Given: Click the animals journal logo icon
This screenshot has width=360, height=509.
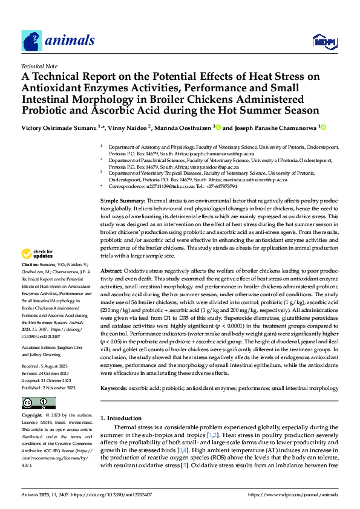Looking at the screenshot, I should (x=32, y=41).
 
